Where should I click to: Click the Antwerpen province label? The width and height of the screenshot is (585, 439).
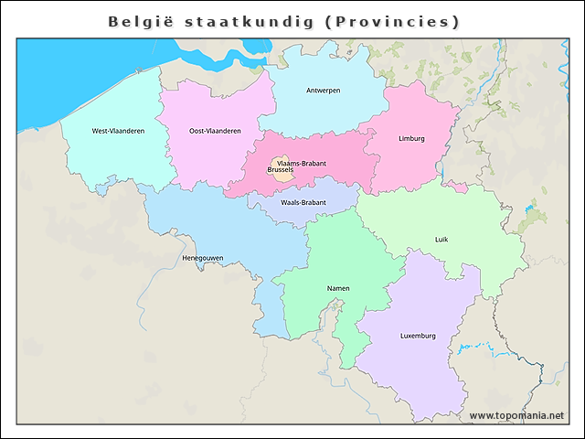pos(324,91)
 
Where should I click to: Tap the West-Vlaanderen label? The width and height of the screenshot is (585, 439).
pos(118,131)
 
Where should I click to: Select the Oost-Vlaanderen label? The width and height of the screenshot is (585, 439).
pos(215,131)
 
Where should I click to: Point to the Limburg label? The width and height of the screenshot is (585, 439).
pos(411,139)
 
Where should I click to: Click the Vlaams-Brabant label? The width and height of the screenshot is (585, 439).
pos(302,163)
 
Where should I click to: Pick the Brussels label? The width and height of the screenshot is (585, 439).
pos(281,171)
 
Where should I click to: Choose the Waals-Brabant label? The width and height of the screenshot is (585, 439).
pos(303,202)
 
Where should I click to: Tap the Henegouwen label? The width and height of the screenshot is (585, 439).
pos(203,258)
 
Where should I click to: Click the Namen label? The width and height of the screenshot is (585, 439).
pos(337,288)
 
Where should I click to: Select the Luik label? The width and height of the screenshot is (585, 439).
pos(441,240)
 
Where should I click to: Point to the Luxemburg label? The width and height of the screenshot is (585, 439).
pos(418,336)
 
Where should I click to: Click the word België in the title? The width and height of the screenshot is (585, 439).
pos(137,21)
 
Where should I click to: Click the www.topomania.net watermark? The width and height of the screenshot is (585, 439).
pos(516,416)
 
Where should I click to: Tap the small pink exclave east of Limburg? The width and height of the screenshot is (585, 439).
pos(457,187)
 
